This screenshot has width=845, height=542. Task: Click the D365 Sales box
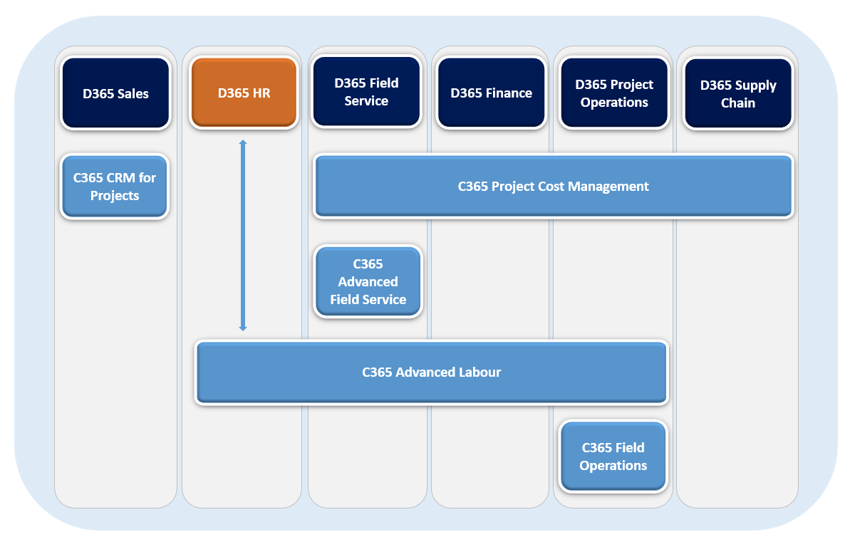click(115, 93)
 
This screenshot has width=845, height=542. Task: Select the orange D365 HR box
click(244, 93)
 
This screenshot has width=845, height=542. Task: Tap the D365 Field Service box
click(366, 93)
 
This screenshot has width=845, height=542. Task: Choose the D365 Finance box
click(491, 93)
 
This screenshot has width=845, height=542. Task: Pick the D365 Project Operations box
click(614, 93)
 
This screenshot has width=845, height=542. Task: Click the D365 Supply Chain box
click(738, 94)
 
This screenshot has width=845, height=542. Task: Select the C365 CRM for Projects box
click(115, 187)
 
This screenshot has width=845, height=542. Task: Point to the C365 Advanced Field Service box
click(368, 281)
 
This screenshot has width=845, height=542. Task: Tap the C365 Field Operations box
click(613, 457)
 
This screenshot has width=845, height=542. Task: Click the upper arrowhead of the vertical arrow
click(243, 143)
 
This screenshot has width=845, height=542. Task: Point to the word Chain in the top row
click(738, 103)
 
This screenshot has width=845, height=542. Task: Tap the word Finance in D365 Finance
click(509, 93)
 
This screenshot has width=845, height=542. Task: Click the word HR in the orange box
click(261, 93)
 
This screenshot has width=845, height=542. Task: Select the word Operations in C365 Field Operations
click(613, 466)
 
